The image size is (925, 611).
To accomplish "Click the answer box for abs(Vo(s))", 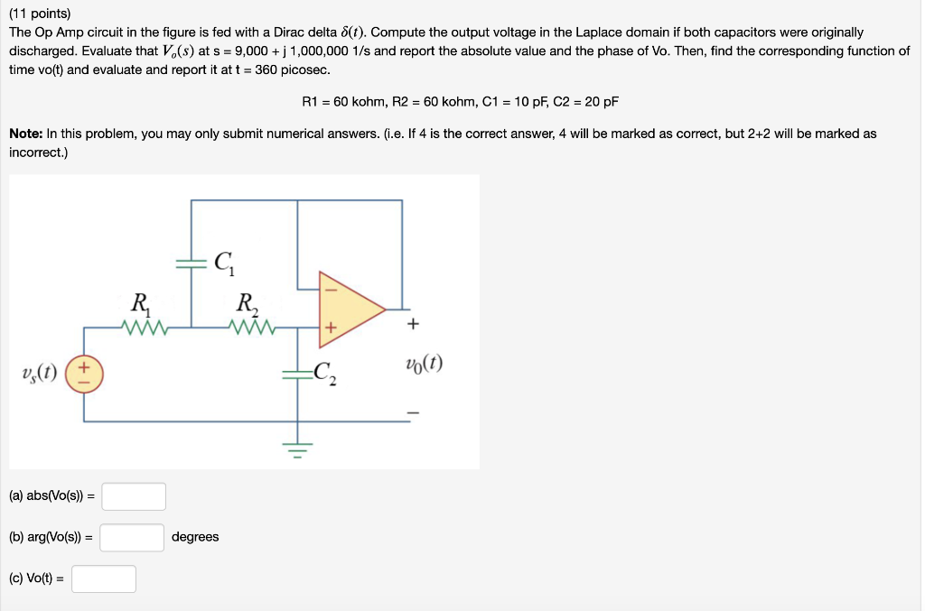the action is (134, 496).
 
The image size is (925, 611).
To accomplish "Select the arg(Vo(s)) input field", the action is (132, 538).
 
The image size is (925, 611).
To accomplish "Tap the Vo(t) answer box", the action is (104, 579).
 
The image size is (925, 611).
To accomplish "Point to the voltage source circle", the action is (85, 373).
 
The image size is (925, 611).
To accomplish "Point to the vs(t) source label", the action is (38, 373).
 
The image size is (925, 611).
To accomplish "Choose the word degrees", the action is (195, 537).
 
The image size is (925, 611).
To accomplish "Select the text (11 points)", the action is (40, 14).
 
